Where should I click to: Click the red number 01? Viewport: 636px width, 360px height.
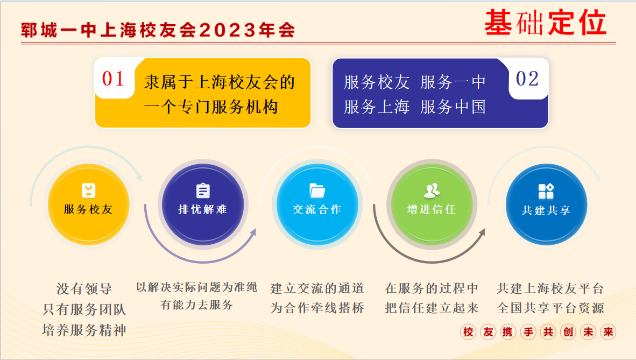(x=113, y=79)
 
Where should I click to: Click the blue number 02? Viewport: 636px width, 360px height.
(x=527, y=79)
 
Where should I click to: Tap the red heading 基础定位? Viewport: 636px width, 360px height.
(x=546, y=23)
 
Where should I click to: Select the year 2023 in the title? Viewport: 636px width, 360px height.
(x=228, y=31)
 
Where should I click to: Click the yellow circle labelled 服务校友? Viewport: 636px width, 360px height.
(x=88, y=204)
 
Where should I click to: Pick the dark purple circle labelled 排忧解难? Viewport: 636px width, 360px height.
(x=203, y=204)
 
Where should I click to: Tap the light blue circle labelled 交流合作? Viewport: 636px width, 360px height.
(x=317, y=204)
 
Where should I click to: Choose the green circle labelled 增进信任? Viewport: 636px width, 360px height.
(x=432, y=204)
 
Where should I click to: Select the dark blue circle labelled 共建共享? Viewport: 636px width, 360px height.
(x=546, y=204)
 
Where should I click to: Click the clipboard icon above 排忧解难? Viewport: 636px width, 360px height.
(x=203, y=190)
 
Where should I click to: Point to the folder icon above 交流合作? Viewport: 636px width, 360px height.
(x=317, y=190)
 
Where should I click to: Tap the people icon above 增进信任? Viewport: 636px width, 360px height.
(x=432, y=190)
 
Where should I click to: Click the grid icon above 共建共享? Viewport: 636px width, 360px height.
(x=546, y=191)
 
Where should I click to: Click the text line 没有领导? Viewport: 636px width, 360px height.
(x=84, y=289)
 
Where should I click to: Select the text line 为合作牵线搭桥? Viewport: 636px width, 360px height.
(x=317, y=308)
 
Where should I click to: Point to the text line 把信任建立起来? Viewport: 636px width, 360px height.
(x=432, y=308)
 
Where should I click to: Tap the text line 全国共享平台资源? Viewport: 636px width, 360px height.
(x=550, y=308)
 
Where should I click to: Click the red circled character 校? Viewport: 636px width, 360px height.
(x=468, y=332)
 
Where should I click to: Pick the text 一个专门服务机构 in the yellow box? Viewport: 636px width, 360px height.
(x=211, y=107)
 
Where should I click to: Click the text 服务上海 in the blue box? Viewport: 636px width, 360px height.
(x=377, y=107)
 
